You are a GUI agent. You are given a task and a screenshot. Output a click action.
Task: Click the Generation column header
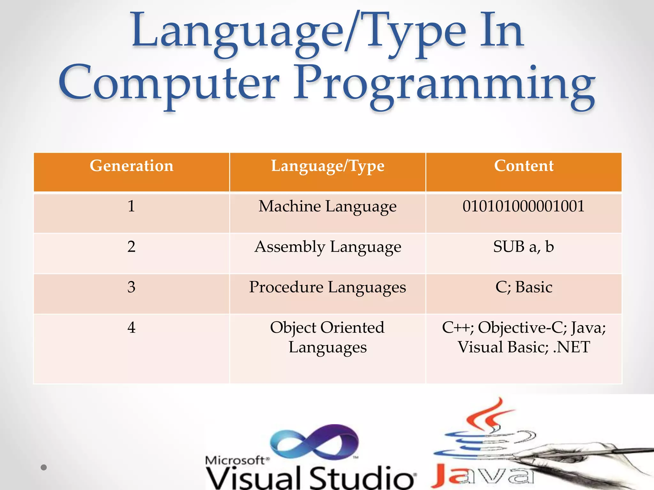pyautogui.click(x=131, y=166)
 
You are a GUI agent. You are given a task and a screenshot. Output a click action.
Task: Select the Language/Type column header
pyautogui.click(x=328, y=166)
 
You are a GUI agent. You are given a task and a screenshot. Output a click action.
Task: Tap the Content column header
pyautogui.click(x=524, y=166)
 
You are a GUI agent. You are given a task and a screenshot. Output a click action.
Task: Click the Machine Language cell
pyautogui.click(x=328, y=206)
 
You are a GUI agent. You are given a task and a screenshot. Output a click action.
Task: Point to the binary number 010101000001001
pyautogui.click(x=523, y=206)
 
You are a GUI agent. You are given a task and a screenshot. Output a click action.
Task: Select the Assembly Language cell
pyautogui.click(x=328, y=247)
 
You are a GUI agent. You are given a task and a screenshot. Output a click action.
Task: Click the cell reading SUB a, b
pyautogui.click(x=523, y=247)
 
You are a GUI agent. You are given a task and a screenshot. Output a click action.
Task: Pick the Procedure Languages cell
pyautogui.click(x=328, y=287)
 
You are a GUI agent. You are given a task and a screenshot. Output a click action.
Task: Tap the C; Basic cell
pyautogui.click(x=524, y=287)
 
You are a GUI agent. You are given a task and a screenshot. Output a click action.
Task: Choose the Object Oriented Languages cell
pyautogui.click(x=328, y=337)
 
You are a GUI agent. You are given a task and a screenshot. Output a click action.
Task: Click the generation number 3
pyautogui.click(x=131, y=287)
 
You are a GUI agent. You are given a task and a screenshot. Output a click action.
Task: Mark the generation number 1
pyautogui.click(x=131, y=206)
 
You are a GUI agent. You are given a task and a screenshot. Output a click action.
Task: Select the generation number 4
pyautogui.click(x=131, y=328)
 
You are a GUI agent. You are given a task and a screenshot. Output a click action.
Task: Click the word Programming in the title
pyautogui.click(x=444, y=85)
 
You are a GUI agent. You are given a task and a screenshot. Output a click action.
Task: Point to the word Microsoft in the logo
pyautogui.click(x=235, y=460)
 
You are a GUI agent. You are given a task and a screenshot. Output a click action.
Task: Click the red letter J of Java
pyautogui.click(x=446, y=476)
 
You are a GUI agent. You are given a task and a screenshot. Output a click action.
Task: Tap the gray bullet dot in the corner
pyautogui.click(x=44, y=467)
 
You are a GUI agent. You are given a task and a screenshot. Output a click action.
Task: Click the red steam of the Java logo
pyautogui.click(x=489, y=415)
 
